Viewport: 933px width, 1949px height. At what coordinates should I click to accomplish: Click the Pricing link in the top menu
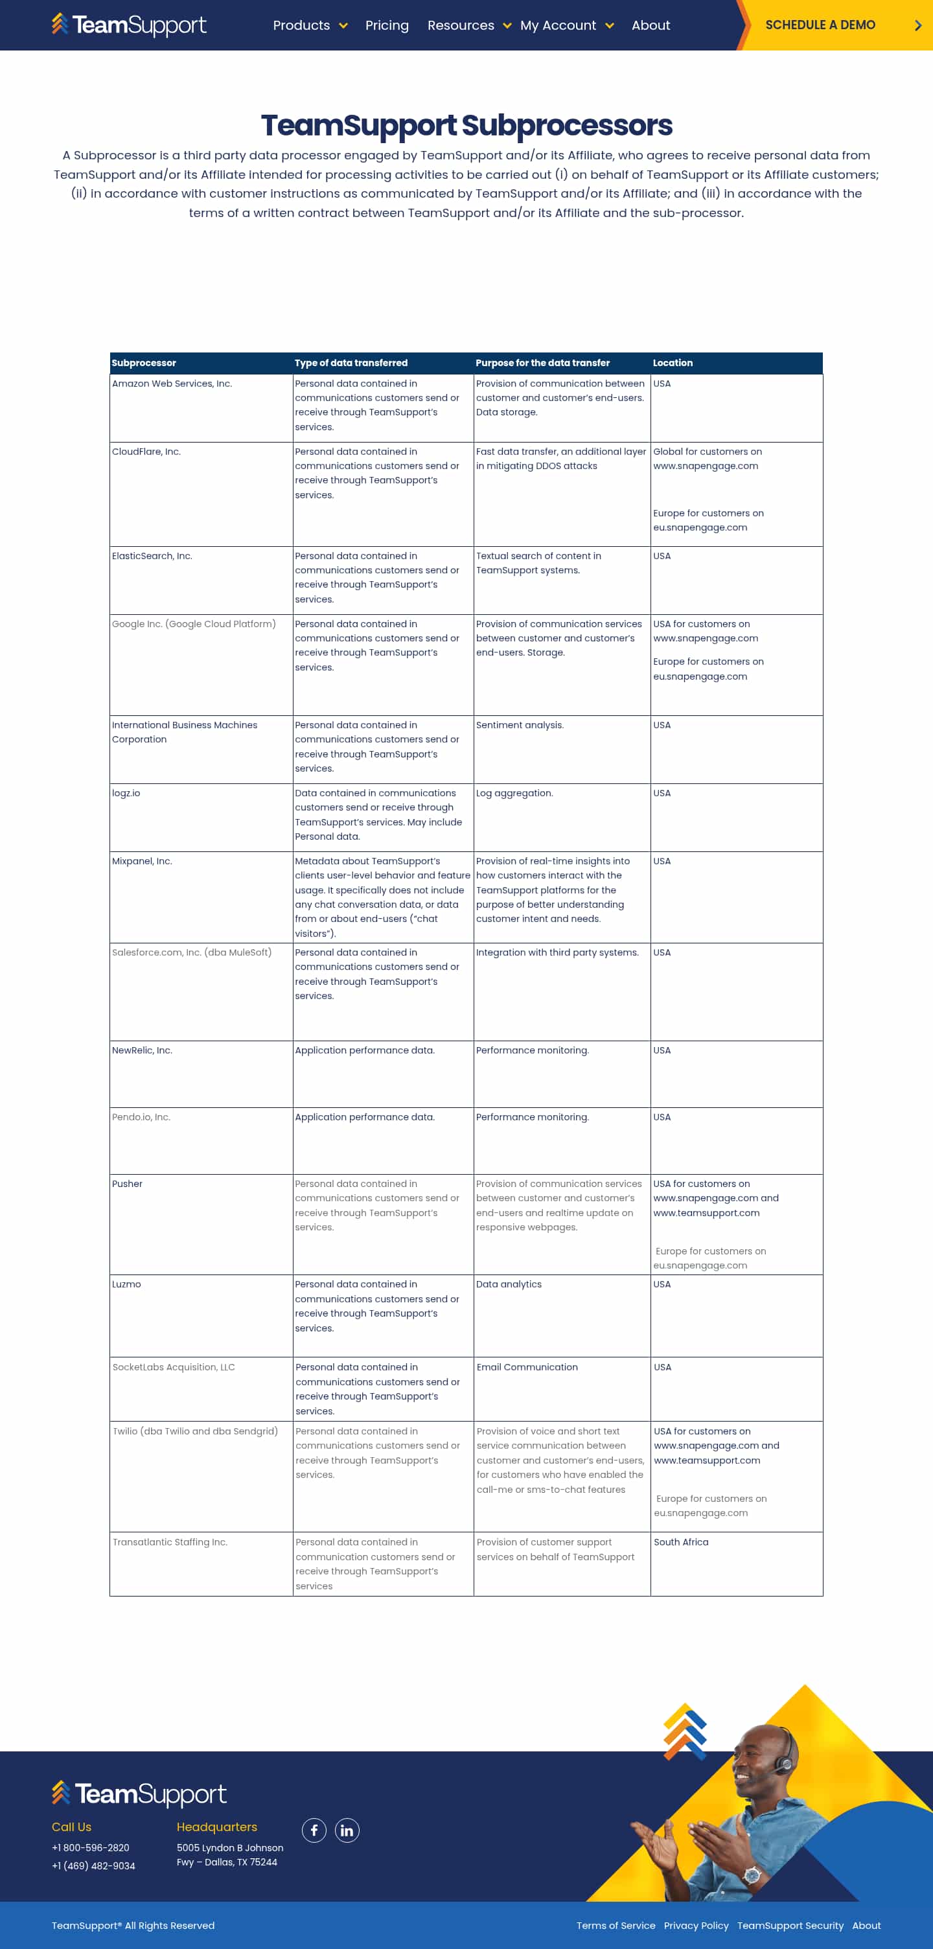click(x=387, y=26)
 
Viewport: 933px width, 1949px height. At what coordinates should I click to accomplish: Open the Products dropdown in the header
click(x=310, y=26)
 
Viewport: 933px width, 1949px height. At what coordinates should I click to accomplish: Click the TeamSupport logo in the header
click(x=129, y=25)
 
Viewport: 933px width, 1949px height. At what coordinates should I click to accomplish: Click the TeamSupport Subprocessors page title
click(x=466, y=125)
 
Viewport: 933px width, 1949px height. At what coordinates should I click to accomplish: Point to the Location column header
click(x=672, y=363)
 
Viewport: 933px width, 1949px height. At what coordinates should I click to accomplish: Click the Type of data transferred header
click(x=351, y=363)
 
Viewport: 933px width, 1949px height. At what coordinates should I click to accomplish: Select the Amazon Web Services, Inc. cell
click(x=172, y=384)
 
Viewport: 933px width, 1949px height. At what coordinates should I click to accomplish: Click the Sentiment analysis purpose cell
click(x=520, y=725)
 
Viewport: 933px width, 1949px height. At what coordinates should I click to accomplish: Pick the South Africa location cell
click(x=681, y=1542)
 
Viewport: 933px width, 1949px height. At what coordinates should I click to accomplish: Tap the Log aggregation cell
click(x=514, y=793)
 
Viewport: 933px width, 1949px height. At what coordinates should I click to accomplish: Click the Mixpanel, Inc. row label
click(x=143, y=861)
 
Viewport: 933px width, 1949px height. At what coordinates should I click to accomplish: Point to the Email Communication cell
click(x=527, y=1367)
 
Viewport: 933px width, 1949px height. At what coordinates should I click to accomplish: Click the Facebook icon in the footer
click(x=314, y=1830)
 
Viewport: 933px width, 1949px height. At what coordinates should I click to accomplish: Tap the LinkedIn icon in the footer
click(x=347, y=1830)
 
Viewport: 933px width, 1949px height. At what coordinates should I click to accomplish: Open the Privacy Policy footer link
click(x=696, y=1926)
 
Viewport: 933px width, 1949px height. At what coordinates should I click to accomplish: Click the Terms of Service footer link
click(x=615, y=1926)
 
